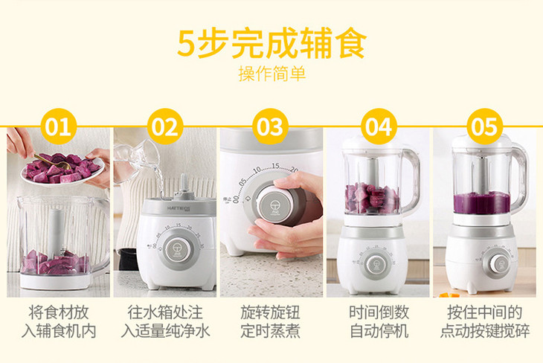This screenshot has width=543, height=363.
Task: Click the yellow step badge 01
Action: pos(59,126)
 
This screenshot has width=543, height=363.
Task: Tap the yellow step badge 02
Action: pos(165,126)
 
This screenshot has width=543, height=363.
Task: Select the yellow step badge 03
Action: pos(270,126)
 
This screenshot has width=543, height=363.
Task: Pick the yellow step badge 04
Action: pos(379,126)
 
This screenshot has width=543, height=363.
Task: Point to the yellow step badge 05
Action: pos(484,126)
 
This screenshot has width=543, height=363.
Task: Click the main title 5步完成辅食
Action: pos(271,43)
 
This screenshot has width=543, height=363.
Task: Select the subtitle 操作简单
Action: pos(271,74)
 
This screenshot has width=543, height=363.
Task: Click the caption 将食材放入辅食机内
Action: pos(59,321)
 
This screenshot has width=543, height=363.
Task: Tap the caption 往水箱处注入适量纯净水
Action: pos(165,321)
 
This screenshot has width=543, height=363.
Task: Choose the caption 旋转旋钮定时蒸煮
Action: pos(271,321)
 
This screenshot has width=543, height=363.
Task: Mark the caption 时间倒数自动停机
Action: pos(379,321)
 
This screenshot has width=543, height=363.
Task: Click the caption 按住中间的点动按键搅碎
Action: pos(485,321)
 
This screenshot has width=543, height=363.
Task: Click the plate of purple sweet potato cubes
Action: pos(62,170)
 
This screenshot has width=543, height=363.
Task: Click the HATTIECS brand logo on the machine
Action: pos(179,208)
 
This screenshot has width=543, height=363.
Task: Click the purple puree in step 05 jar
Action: pos(482,203)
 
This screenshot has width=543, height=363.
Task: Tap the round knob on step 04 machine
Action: pos(376,266)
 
